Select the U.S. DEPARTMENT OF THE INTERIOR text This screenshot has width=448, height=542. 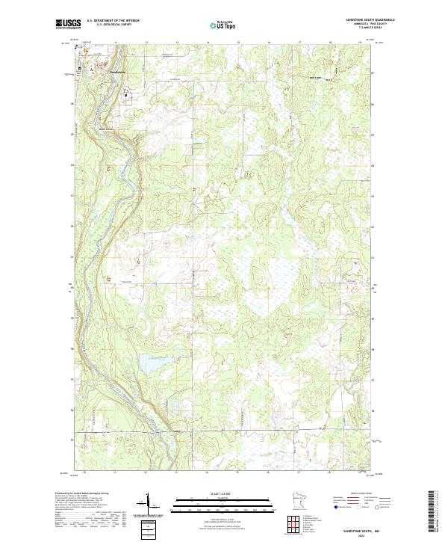pos(113,20)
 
